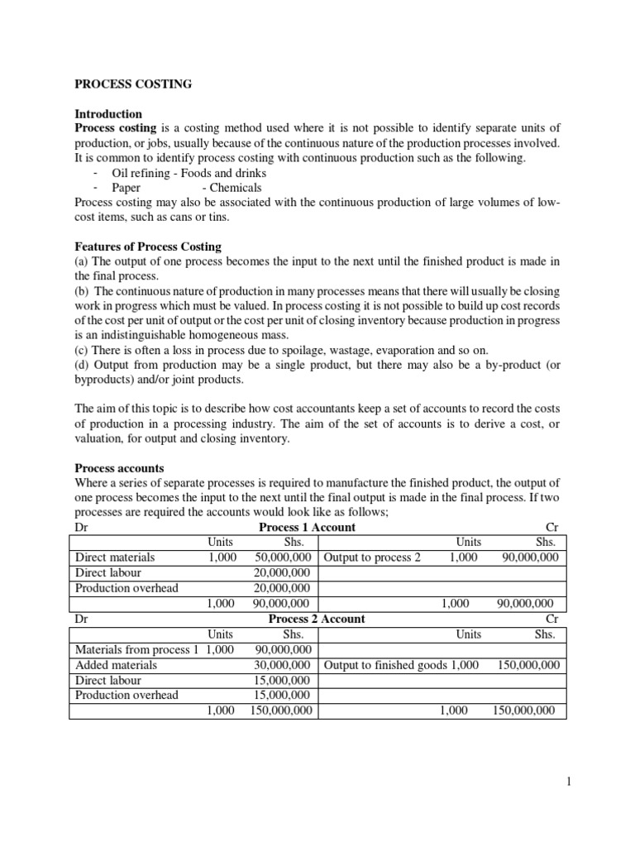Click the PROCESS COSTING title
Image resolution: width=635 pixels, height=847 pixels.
133,84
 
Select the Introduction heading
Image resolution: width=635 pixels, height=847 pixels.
108,113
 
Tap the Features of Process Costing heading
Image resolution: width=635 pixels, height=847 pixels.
148,246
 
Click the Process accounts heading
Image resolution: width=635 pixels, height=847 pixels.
119,468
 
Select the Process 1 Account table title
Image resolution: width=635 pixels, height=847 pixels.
308,528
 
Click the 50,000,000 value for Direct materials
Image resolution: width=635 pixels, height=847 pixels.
282,557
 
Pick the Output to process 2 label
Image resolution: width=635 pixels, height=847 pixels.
372,557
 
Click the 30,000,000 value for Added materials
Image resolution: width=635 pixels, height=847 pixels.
282,664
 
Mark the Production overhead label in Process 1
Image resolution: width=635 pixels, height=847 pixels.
127,588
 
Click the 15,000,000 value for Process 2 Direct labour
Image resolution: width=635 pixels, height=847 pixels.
282,680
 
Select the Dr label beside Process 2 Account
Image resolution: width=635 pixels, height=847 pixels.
81,619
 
